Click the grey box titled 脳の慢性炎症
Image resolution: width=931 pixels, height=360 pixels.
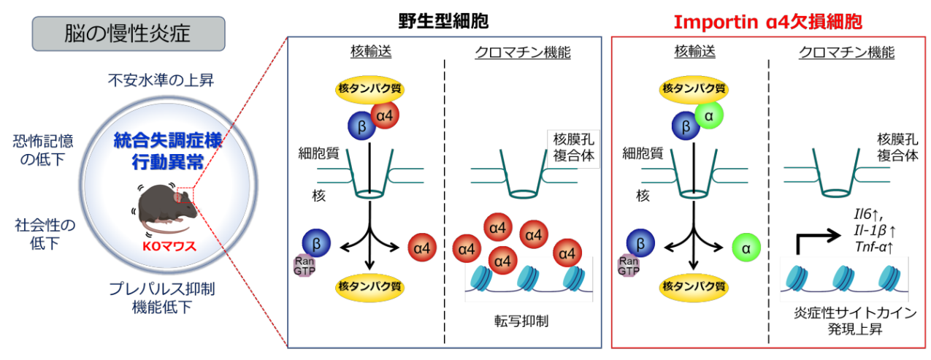point(129,34)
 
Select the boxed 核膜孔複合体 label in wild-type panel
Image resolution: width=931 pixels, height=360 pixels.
point(572,148)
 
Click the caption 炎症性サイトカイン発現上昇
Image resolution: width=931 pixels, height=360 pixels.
point(845,321)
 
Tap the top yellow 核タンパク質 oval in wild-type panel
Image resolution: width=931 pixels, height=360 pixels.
point(369,88)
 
